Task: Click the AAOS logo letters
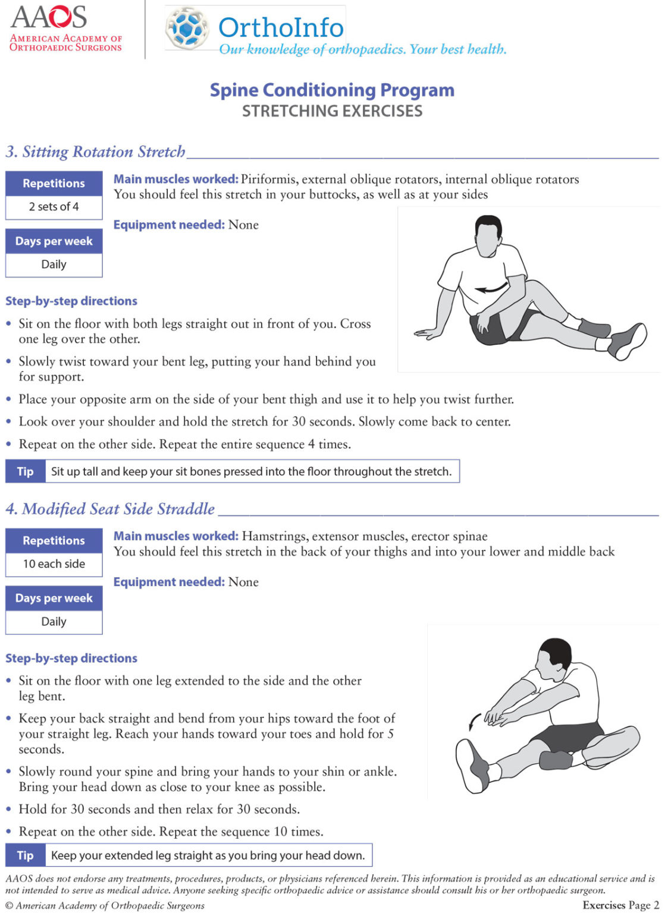pyautogui.click(x=48, y=17)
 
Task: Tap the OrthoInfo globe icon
pyautogui.click(x=187, y=28)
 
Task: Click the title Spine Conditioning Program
pyautogui.click(x=332, y=90)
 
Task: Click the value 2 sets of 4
pyautogui.click(x=54, y=207)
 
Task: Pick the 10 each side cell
pyautogui.click(x=54, y=564)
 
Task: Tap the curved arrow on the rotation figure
pyautogui.click(x=491, y=289)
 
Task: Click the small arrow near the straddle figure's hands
pyautogui.click(x=474, y=722)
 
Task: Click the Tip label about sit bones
pyautogui.click(x=25, y=471)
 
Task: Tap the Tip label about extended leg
pyautogui.click(x=25, y=855)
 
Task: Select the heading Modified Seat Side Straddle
pyautogui.click(x=111, y=509)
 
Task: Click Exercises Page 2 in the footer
pyautogui.click(x=620, y=905)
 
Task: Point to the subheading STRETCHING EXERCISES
pyautogui.click(x=332, y=111)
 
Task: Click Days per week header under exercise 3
pyautogui.click(x=54, y=241)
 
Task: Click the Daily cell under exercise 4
pyautogui.click(x=54, y=622)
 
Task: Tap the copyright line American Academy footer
pyautogui.click(x=105, y=906)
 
